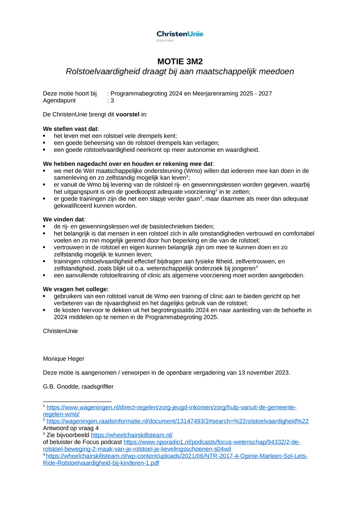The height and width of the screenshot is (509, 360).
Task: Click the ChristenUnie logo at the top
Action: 180,34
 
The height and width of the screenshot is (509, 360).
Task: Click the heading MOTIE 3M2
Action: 180,61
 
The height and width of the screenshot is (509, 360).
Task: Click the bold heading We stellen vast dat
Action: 70,129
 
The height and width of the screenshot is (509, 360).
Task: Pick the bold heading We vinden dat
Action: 64,219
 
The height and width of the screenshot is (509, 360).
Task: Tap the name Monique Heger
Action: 64,359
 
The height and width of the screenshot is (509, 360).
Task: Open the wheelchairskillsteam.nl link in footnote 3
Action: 132,435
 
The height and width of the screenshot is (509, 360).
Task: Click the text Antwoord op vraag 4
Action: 71,428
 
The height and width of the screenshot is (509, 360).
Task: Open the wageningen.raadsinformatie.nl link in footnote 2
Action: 177,421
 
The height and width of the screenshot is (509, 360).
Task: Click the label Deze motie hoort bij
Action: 70,94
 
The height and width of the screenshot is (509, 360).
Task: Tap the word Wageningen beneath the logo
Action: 166,41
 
